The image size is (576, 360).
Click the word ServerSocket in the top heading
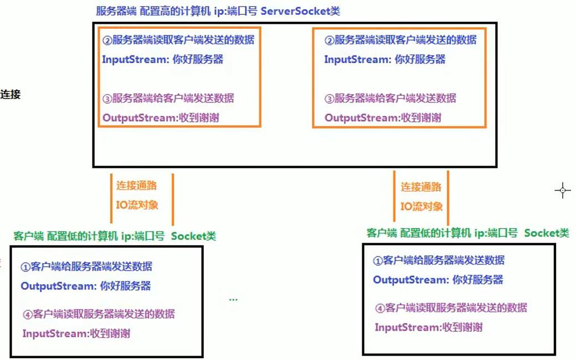(x=295, y=11)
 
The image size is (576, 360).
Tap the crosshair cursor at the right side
(x=562, y=191)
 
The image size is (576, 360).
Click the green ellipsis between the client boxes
(x=233, y=300)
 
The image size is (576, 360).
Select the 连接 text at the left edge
(x=11, y=94)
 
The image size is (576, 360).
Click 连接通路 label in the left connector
(x=137, y=186)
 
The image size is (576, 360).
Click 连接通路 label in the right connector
(x=421, y=187)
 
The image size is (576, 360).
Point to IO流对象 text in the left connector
(x=137, y=204)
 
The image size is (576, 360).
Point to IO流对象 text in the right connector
(x=421, y=207)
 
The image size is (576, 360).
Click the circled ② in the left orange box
(x=107, y=40)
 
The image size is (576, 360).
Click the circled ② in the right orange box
(x=330, y=40)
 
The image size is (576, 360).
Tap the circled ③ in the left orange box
(x=107, y=99)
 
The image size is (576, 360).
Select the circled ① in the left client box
(x=25, y=267)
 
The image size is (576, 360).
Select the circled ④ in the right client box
(x=380, y=308)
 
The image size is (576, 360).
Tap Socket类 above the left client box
(x=194, y=236)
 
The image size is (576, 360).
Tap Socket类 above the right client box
(x=547, y=233)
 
